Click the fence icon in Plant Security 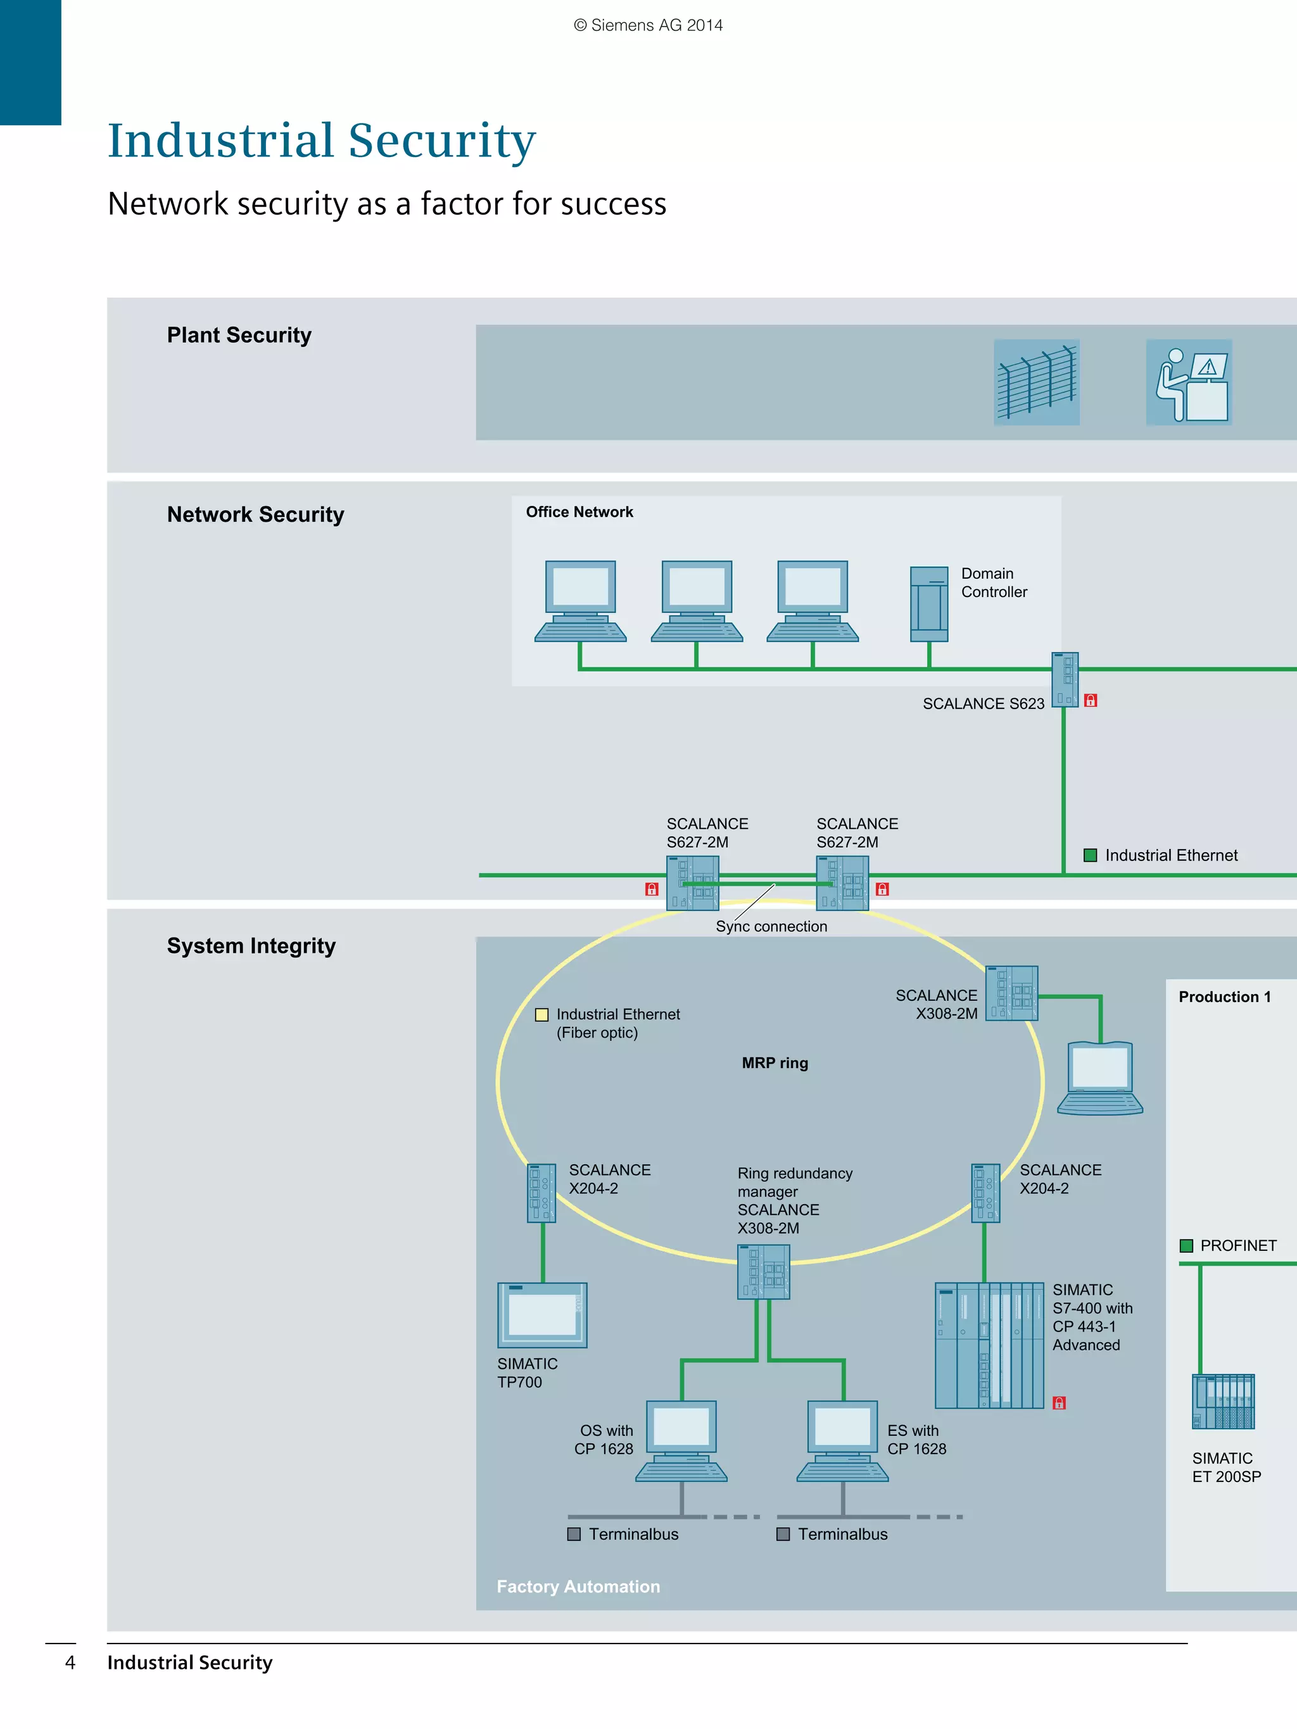[x=1036, y=382]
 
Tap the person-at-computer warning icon [x=1188, y=382]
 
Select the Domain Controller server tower [x=929, y=604]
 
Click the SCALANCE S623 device [x=1064, y=679]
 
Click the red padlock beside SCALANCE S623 [x=1091, y=700]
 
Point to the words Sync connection [x=771, y=926]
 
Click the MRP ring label [x=775, y=1063]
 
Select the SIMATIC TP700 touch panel [x=541, y=1315]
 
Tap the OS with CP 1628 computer [x=681, y=1440]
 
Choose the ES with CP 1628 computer [x=842, y=1440]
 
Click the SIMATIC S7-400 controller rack [x=989, y=1345]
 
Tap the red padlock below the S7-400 [x=1060, y=1403]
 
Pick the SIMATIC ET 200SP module [x=1223, y=1402]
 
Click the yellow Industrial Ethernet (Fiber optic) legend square [x=541, y=1015]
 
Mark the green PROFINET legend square [x=1186, y=1246]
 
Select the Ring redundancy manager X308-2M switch [x=763, y=1272]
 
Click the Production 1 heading [x=1224, y=997]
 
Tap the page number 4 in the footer [x=70, y=1663]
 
